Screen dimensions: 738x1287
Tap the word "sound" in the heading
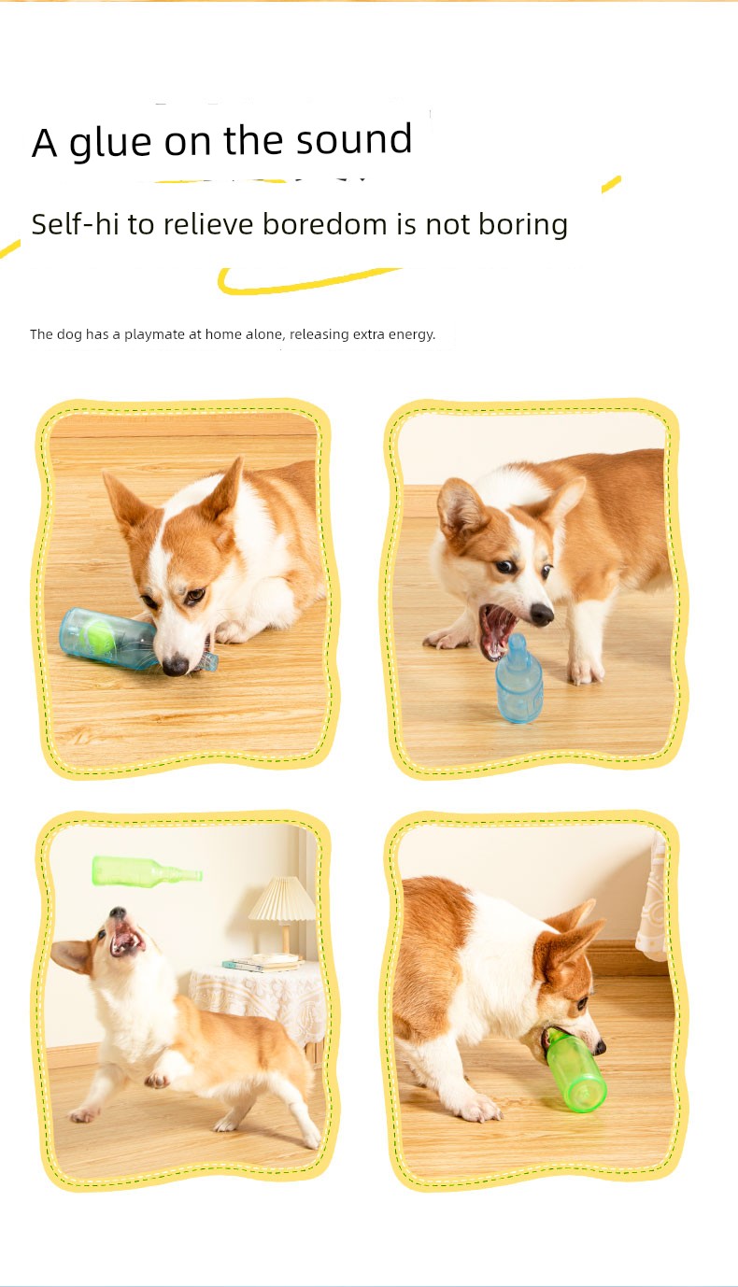[354, 139]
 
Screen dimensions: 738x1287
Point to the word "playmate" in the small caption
[155, 334]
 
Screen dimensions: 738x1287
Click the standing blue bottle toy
[518, 679]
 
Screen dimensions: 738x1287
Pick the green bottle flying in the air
[147, 871]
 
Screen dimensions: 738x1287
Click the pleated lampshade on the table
[282, 899]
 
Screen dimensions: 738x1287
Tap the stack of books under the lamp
[263, 962]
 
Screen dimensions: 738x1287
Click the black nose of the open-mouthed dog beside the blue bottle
[542, 614]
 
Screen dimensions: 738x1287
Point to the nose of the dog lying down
[176, 665]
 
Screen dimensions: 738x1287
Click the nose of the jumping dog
[118, 912]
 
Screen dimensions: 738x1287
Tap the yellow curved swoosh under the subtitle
[305, 281]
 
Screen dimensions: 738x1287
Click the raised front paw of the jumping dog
[156, 1081]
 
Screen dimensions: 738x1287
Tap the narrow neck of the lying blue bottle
[208, 661]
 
